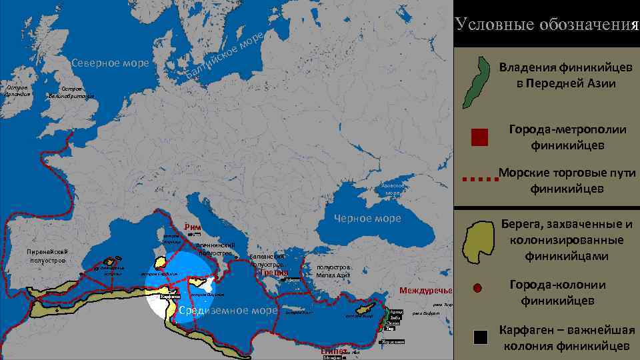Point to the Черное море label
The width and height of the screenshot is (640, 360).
coord(367,219)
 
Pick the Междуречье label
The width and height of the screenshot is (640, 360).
coord(425,291)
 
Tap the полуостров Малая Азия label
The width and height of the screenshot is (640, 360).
coord(333,271)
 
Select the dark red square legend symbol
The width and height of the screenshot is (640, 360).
coord(479,137)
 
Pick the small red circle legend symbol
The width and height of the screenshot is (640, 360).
coord(477,289)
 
